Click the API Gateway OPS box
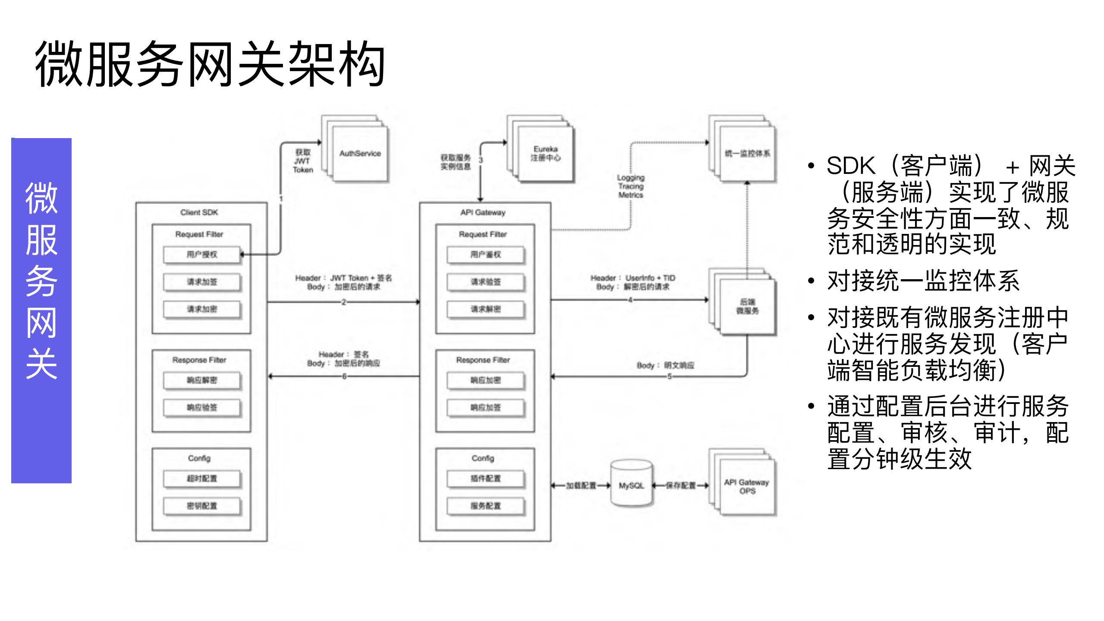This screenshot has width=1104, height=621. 747,486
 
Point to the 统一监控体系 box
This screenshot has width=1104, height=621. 747,154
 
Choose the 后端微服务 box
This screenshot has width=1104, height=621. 747,306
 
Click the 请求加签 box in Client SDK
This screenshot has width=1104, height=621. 201,282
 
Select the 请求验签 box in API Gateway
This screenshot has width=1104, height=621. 485,282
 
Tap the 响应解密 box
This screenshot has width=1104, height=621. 201,380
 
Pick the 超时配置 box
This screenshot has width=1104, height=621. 201,479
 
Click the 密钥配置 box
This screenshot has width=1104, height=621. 201,506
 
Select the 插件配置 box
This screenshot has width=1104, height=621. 485,479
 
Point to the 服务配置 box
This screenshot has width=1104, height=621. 485,506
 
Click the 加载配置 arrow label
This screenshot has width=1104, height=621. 581,485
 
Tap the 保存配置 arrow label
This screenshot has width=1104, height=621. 680,485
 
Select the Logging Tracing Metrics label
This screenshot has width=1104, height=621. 630,186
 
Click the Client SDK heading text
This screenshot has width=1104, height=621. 199,212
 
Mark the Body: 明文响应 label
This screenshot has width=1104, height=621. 665,366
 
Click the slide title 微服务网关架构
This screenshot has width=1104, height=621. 210,64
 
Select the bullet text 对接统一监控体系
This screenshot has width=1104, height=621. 923,281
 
